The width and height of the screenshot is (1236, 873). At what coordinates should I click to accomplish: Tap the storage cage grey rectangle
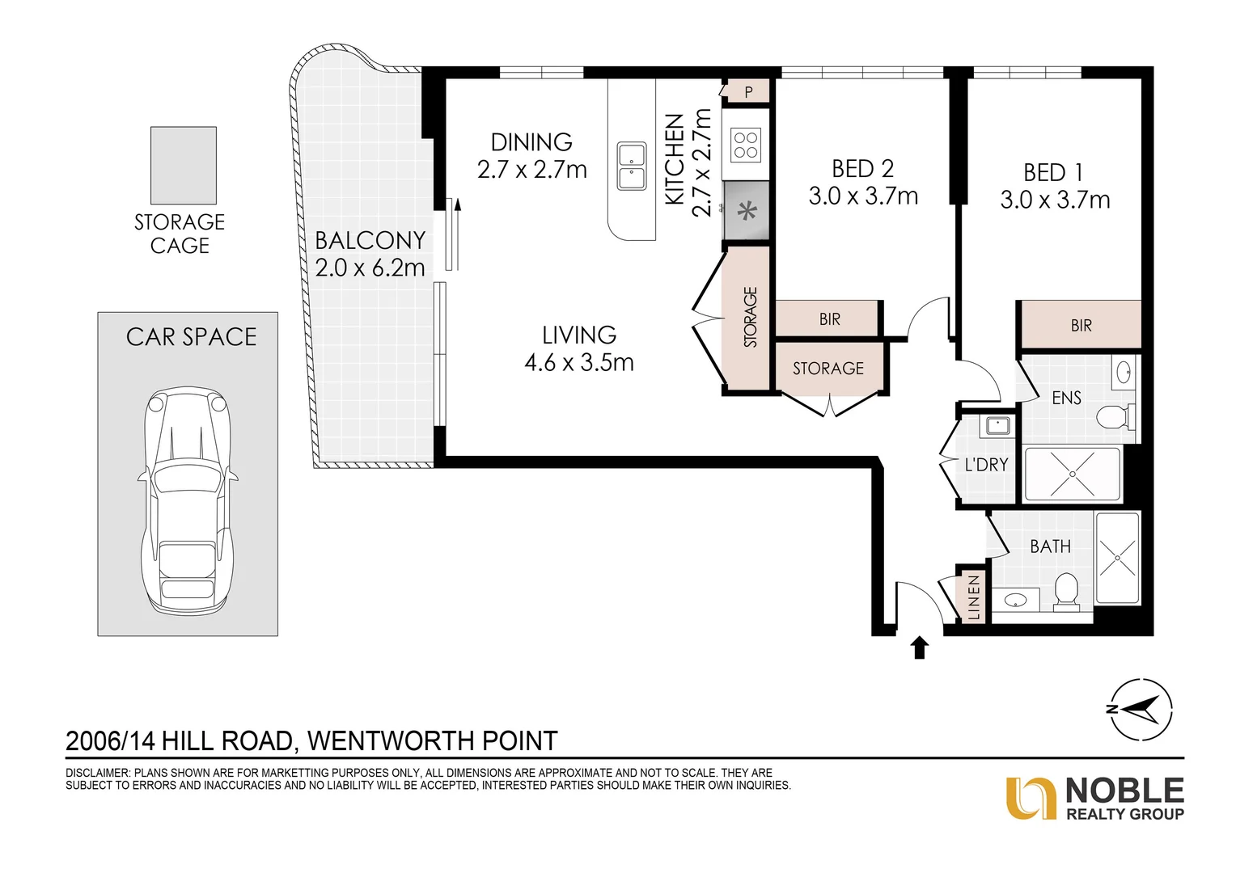[x=184, y=165]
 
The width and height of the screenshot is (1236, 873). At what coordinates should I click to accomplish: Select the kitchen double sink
[x=632, y=166]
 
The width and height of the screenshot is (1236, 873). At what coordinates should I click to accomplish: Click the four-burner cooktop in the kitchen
[x=746, y=145]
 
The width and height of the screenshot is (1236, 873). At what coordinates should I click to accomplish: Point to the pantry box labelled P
[x=748, y=92]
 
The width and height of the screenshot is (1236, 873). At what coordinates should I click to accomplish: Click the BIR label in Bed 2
[x=829, y=319]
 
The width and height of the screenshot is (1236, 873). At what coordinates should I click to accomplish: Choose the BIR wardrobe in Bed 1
[x=1081, y=325]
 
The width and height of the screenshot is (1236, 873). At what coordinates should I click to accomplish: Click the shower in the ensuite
[x=1072, y=473]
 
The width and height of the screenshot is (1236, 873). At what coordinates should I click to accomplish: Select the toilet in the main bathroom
[x=1066, y=590]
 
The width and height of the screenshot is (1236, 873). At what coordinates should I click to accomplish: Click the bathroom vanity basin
[x=1015, y=600]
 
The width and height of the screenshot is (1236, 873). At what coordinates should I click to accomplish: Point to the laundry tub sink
[x=997, y=424]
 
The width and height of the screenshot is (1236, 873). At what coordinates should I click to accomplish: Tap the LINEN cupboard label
[x=973, y=597]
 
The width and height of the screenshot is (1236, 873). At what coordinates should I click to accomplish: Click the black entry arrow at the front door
[x=919, y=647]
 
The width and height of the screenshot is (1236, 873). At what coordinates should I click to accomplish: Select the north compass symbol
[x=1140, y=709]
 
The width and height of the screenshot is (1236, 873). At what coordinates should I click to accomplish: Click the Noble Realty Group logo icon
[x=1031, y=798]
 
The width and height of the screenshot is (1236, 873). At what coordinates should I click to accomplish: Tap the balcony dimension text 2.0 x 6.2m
[x=370, y=268]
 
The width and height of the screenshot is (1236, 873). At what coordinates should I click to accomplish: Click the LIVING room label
[x=579, y=335]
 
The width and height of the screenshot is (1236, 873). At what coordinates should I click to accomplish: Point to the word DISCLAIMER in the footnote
[x=96, y=773]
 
